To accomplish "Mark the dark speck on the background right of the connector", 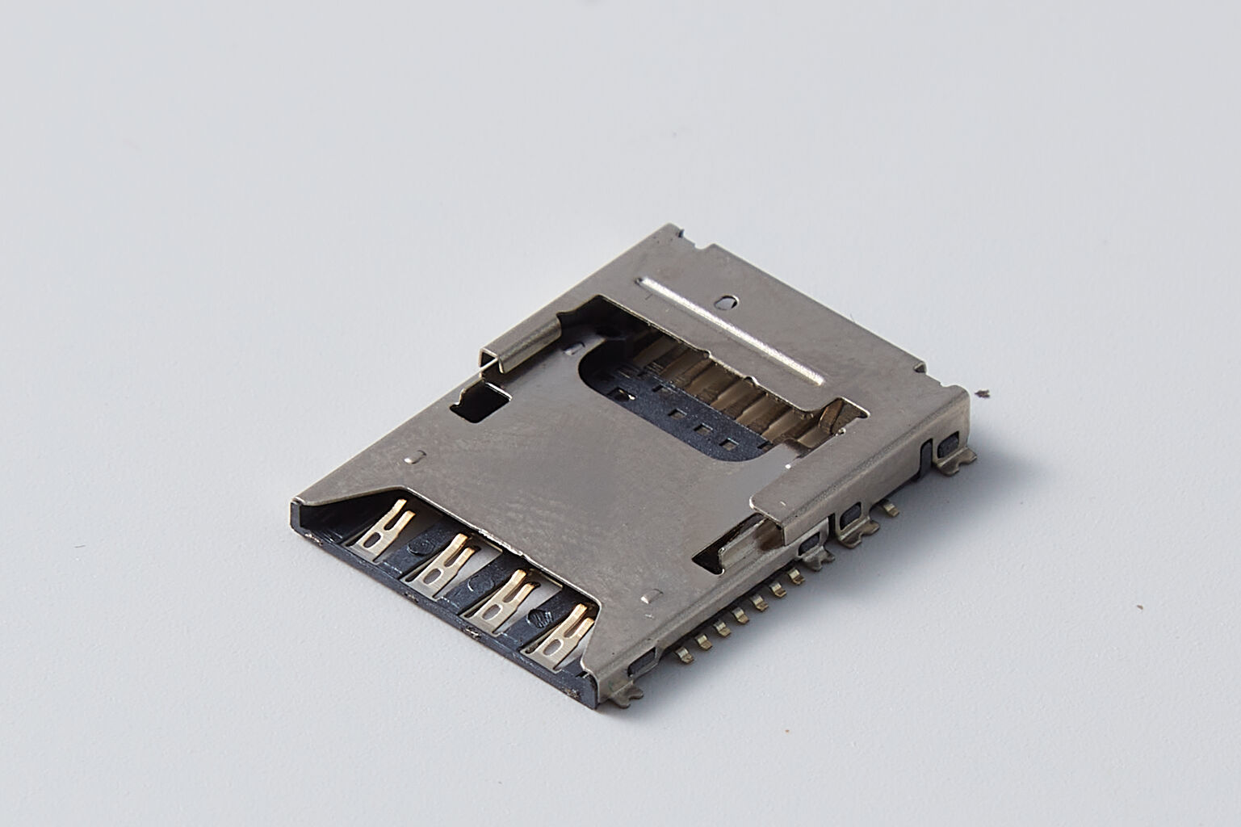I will (x=982, y=394).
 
